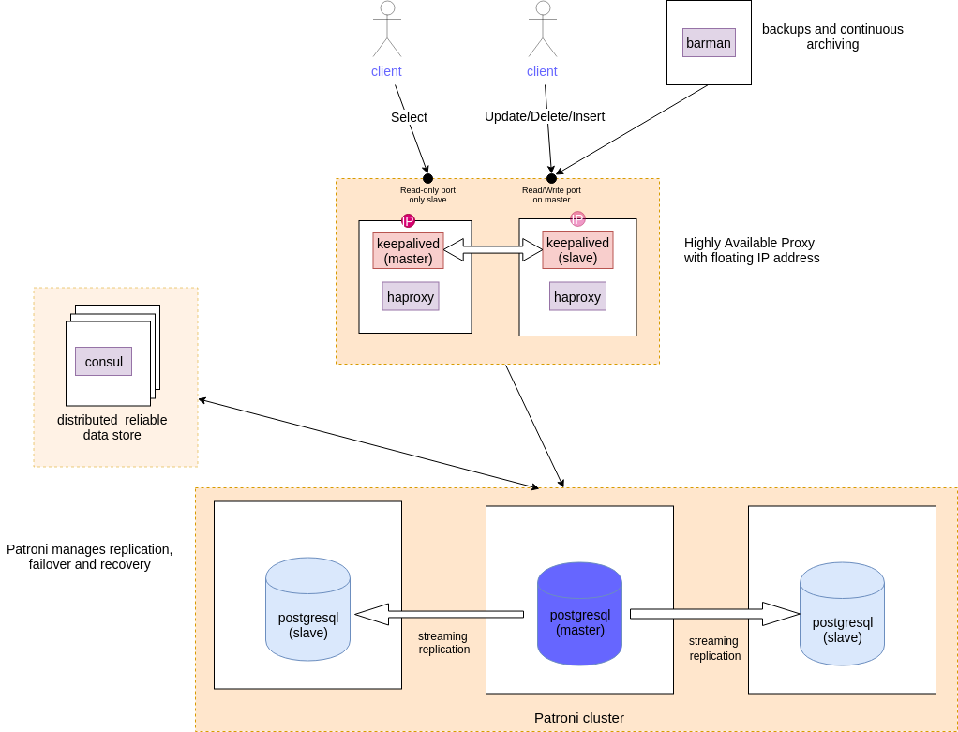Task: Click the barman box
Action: click(709, 43)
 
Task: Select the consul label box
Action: click(103, 361)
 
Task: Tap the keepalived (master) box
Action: click(408, 250)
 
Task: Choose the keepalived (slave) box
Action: click(577, 250)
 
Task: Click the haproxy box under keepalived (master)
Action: click(411, 296)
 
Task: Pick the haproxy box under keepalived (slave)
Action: click(577, 296)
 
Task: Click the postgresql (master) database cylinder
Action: click(580, 614)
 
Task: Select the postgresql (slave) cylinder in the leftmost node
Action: click(307, 609)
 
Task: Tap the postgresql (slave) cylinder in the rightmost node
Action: click(842, 614)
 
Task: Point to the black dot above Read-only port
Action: click(427, 178)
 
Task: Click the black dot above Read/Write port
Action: click(551, 178)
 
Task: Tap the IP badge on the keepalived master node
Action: click(408, 220)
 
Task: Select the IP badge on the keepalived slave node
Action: click(577, 218)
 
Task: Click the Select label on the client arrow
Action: click(409, 117)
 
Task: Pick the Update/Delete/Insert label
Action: click(545, 117)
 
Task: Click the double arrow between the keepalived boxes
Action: click(493, 250)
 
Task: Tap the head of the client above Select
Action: click(387, 7)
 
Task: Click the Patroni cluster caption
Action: click(579, 718)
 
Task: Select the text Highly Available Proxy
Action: click(749, 243)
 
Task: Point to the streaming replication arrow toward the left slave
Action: click(439, 614)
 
